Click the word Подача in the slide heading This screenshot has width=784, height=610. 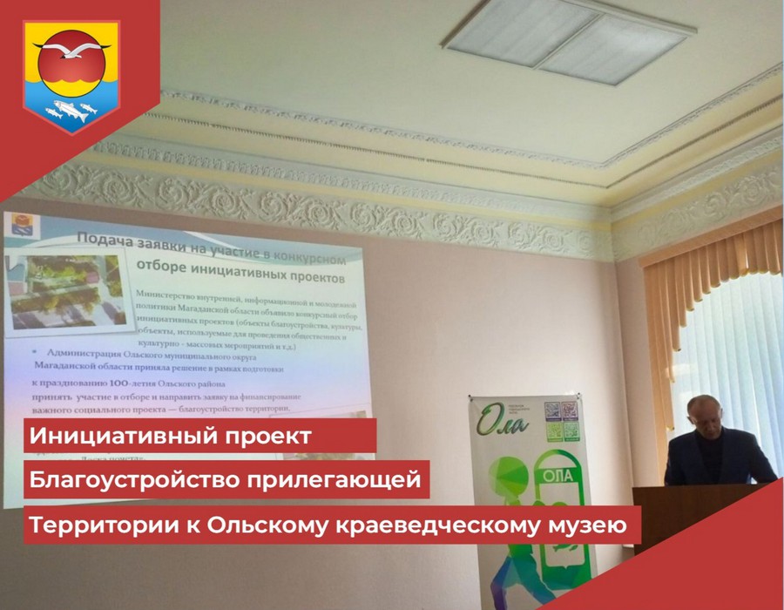pyautogui.click(x=106, y=239)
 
